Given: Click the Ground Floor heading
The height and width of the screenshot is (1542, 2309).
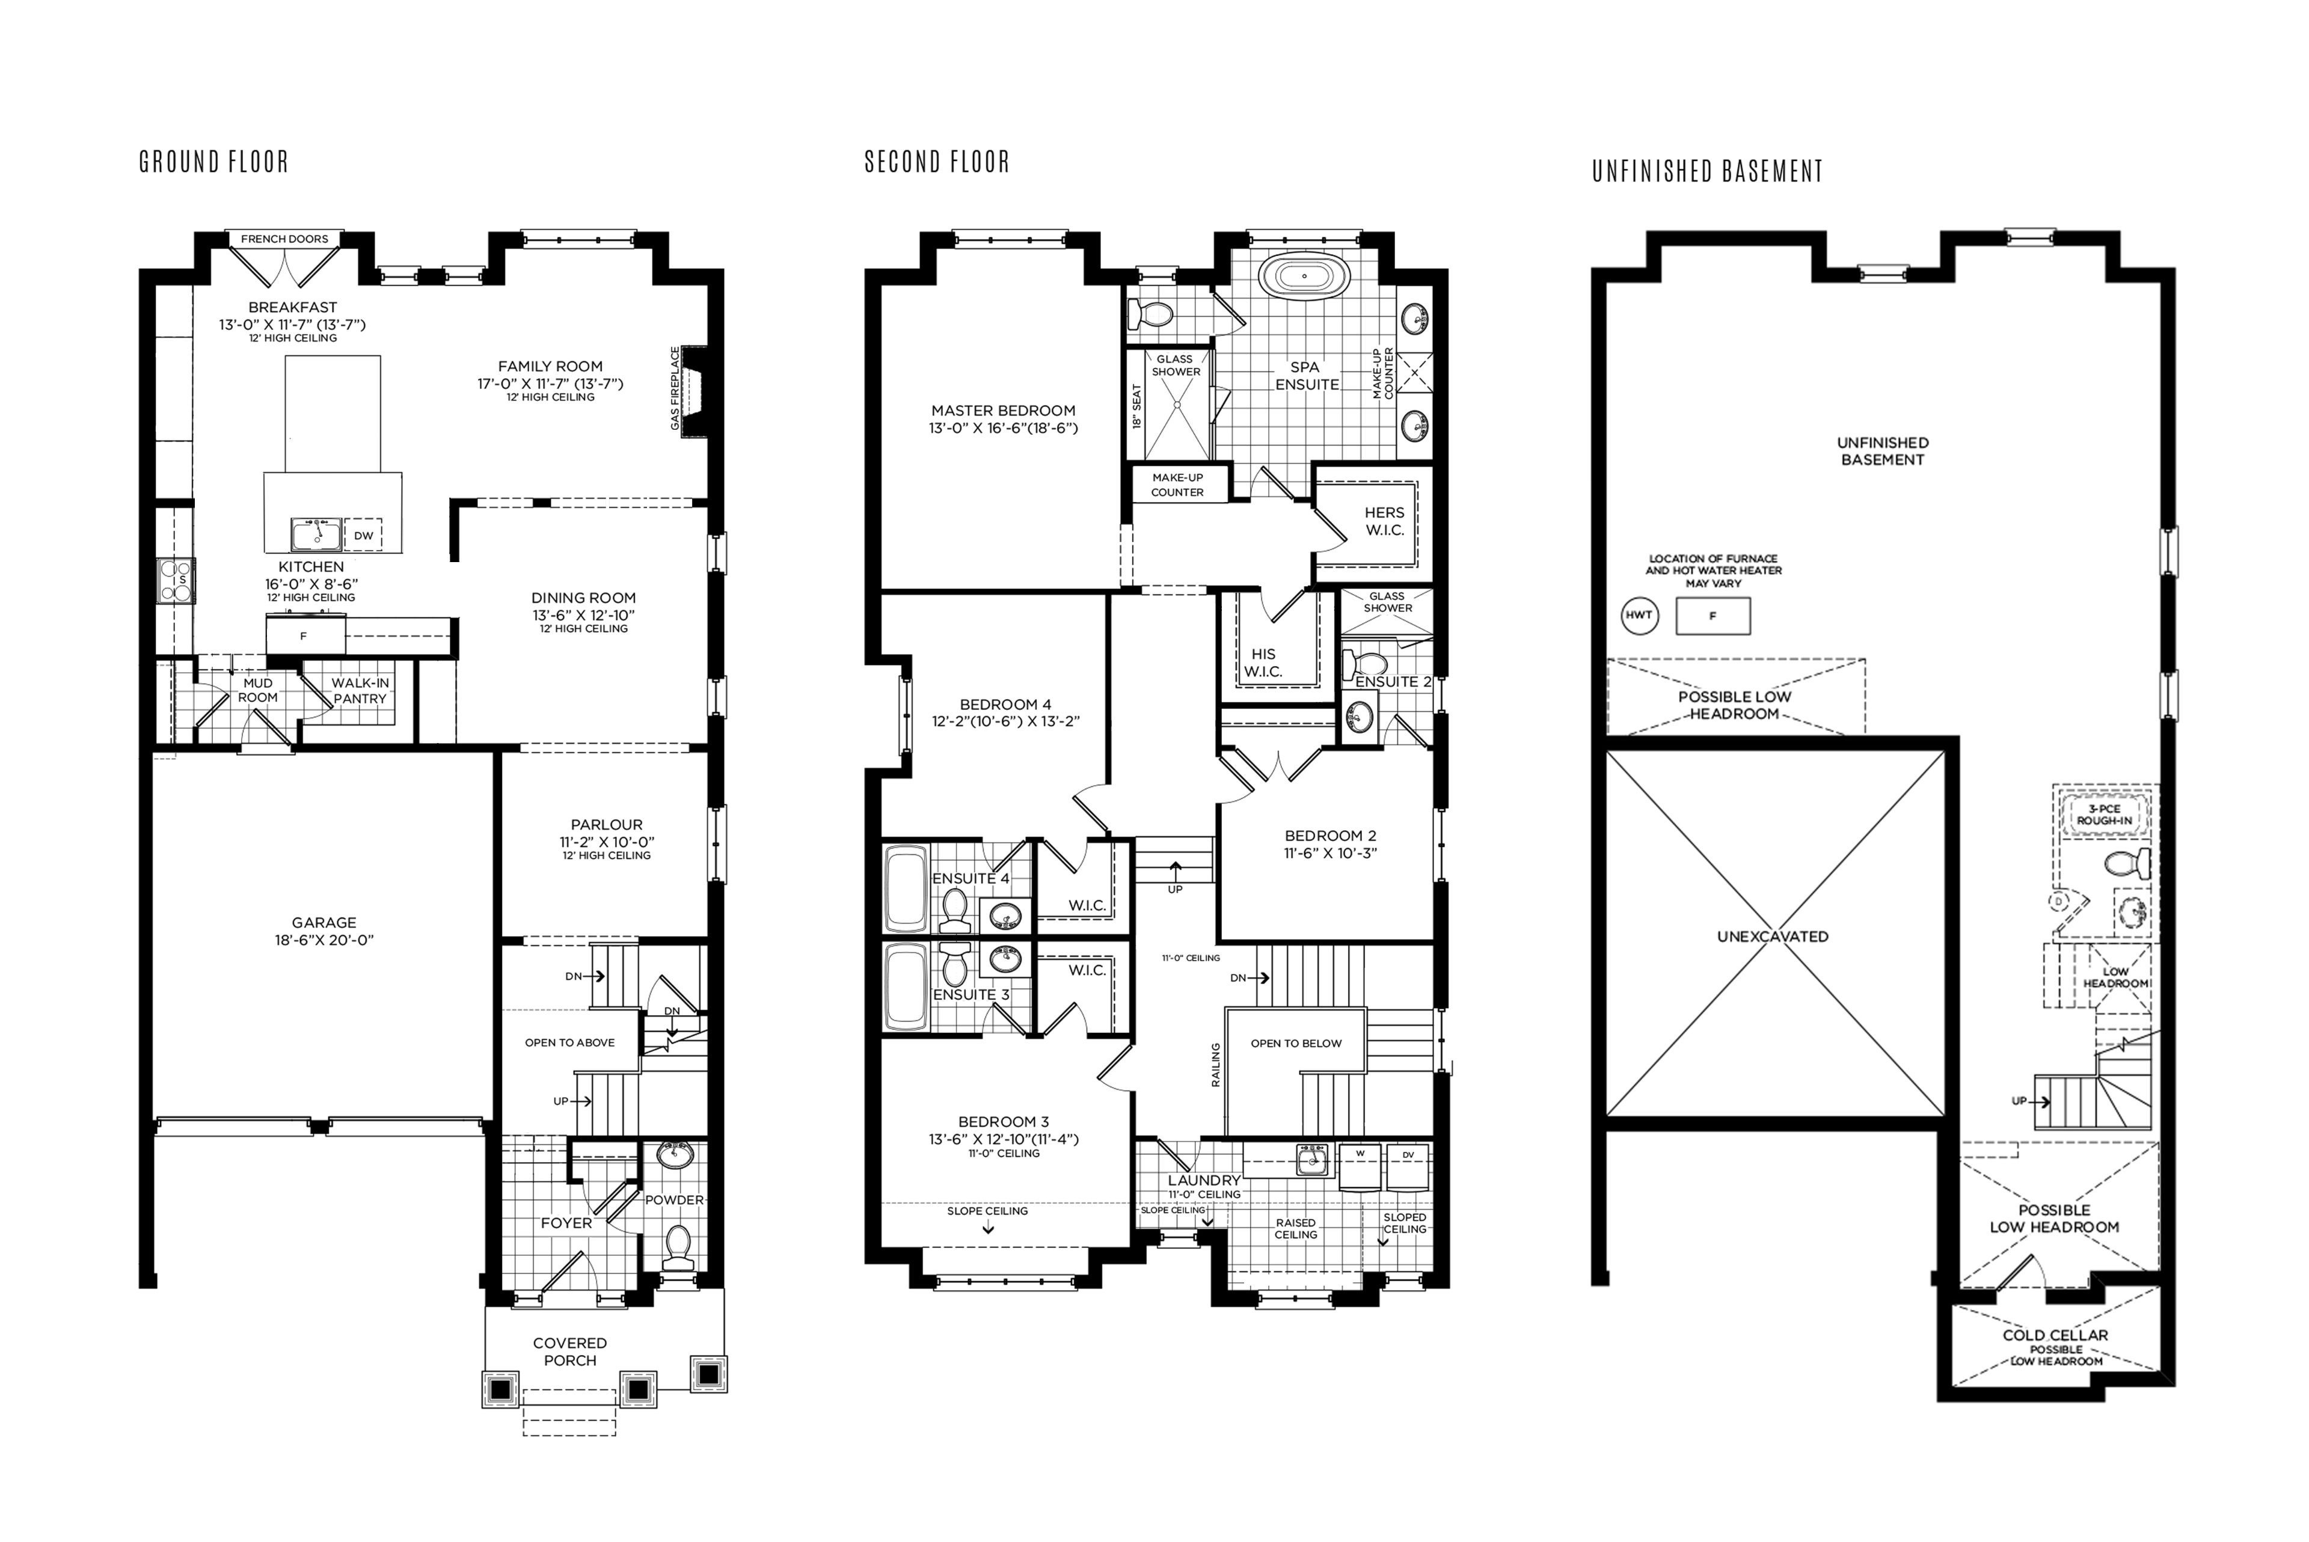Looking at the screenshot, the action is [x=215, y=162].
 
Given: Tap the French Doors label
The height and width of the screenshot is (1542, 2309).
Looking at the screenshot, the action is [x=284, y=239].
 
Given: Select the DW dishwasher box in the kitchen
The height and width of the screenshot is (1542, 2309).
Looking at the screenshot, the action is [x=364, y=535].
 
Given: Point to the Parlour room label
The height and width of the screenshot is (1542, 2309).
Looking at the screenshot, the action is [x=607, y=825].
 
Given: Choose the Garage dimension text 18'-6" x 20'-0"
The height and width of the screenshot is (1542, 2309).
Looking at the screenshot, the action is [x=325, y=940].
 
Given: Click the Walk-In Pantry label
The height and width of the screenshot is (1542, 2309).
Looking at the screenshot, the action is [x=360, y=690].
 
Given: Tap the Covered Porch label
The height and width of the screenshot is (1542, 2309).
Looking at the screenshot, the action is [x=571, y=1351].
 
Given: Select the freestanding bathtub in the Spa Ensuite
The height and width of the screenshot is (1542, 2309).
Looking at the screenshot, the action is [x=1305, y=277].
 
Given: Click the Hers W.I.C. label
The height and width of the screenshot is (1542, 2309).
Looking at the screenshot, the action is [x=1385, y=521].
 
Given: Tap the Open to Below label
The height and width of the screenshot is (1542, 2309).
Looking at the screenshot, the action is [x=1296, y=1044].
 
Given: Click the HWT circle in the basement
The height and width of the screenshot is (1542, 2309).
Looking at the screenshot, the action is [x=1639, y=616].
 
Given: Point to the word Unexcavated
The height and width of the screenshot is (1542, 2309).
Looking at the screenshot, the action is [x=1773, y=936].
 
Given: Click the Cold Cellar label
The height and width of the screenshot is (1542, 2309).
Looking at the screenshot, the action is [x=2055, y=1335].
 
